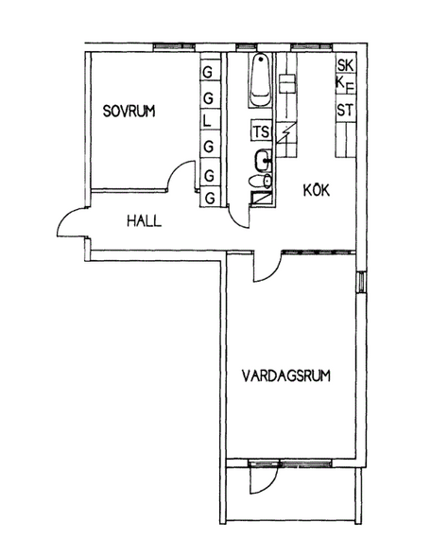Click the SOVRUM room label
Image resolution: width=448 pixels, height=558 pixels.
(129, 111)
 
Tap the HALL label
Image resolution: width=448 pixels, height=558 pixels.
(145, 221)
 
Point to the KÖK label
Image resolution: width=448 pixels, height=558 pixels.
(317, 190)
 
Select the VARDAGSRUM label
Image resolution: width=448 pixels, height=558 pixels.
(286, 375)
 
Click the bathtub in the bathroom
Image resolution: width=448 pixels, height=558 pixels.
(261, 79)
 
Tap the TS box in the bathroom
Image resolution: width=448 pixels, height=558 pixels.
(261, 131)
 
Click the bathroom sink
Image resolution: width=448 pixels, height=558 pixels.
(264, 161)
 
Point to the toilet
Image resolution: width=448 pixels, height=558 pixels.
(261, 182)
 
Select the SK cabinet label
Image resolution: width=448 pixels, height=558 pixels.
(346, 65)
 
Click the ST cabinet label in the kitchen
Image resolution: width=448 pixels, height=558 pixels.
(346, 110)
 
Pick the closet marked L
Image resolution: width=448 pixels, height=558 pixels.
(208, 121)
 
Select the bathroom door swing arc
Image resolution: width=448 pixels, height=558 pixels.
(235, 218)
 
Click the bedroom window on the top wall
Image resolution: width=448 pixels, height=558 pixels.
(174, 46)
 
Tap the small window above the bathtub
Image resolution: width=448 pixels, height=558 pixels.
(247, 46)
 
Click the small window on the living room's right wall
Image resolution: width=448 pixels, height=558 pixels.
(361, 282)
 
